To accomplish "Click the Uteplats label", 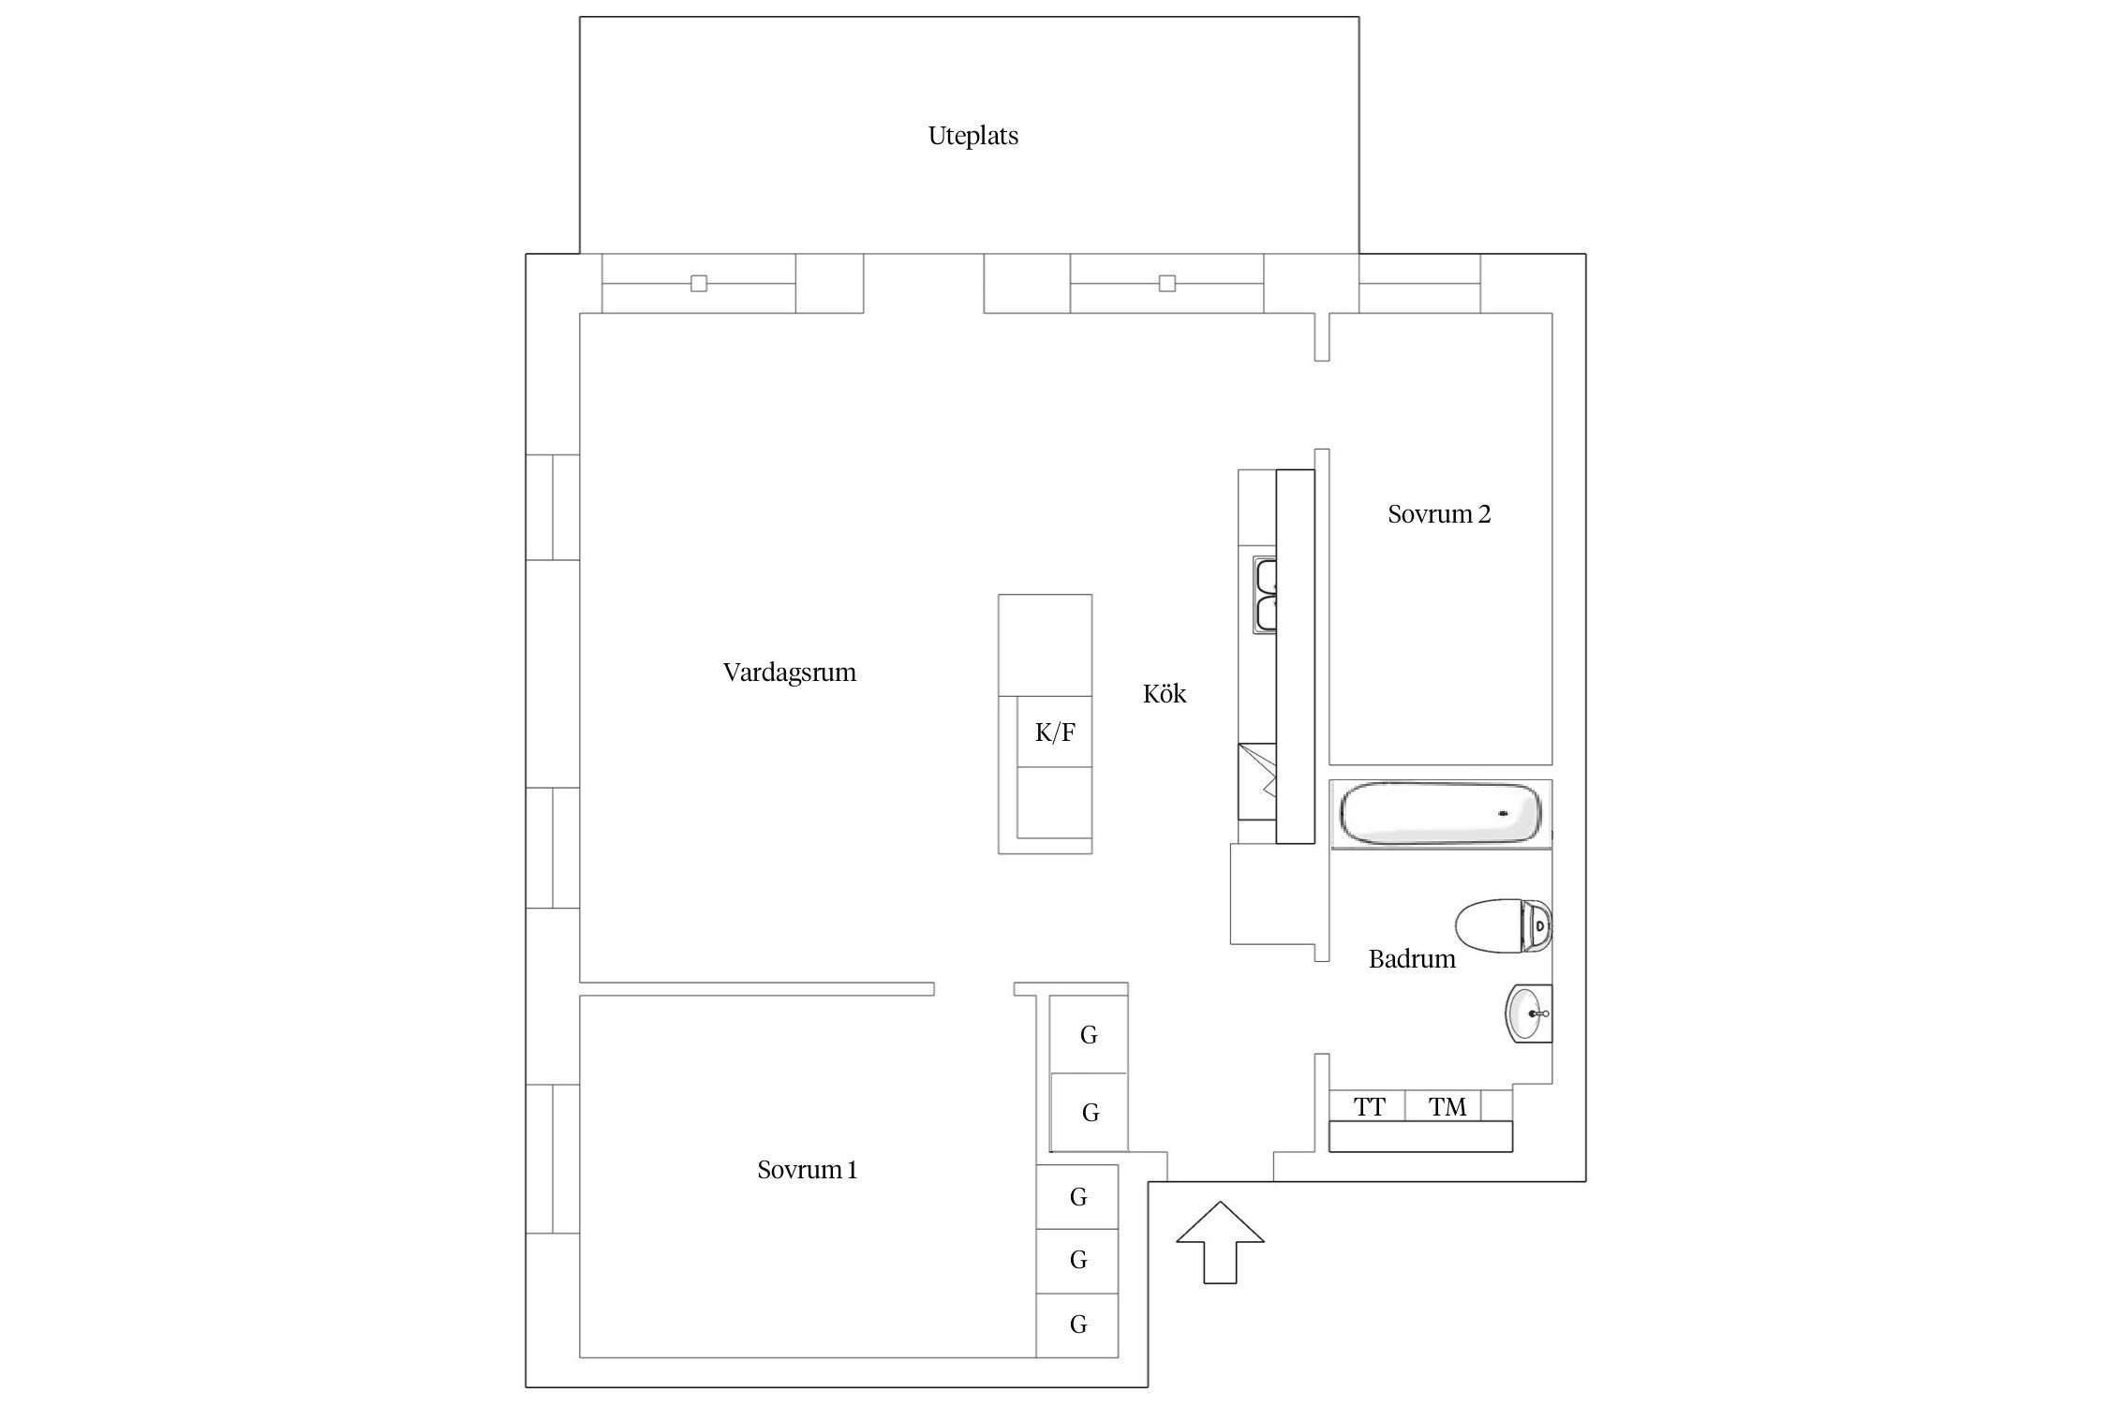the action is click(x=972, y=136).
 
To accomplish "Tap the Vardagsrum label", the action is click(x=789, y=673).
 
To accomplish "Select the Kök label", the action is click(x=1165, y=693).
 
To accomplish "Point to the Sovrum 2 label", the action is click(x=1438, y=513).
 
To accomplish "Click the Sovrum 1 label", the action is click(x=807, y=1169).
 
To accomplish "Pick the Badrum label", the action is click(x=1412, y=958).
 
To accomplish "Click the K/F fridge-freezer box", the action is click(x=1055, y=732).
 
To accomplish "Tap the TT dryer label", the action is click(x=1369, y=1106).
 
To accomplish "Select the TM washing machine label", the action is click(x=1447, y=1106).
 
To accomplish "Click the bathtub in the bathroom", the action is click(x=1440, y=815).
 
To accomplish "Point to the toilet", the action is click(x=1504, y=926).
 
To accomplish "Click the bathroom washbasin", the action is click(x=1529, y=1013).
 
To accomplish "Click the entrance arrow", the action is click(x=1220, y=1242).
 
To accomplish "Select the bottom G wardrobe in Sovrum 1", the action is click(x=1077, y=1324).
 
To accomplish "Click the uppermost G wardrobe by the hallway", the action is click(x=1089, y=1034).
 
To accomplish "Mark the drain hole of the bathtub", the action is click(x=1505, y=813).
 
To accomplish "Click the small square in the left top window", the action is click(x=698, y=283).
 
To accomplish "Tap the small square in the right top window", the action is click(x=1166, y=283).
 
